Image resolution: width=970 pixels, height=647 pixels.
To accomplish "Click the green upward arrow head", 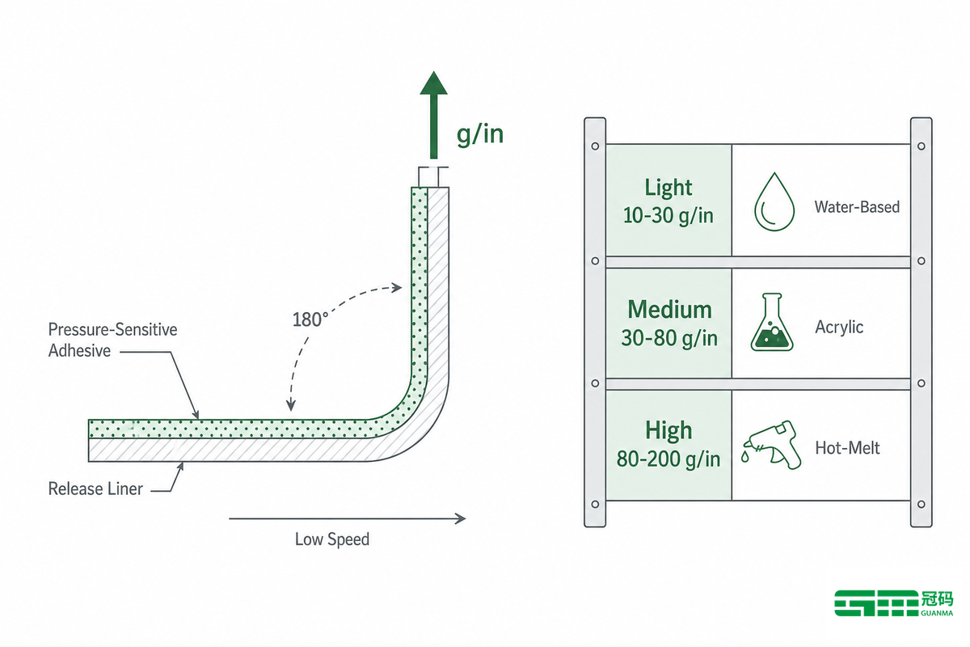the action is click(x=433, y=83).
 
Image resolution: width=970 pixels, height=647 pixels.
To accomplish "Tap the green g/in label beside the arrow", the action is click(x=480, y=134).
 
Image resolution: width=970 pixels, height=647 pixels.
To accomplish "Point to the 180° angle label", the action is click(x=310, y=319).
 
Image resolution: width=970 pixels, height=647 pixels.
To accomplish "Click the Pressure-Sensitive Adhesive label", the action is click(x=112, y=340).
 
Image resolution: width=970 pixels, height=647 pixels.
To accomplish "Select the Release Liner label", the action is click(x=95, y=488).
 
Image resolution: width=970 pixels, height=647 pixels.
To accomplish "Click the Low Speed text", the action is click(x=332, y=539).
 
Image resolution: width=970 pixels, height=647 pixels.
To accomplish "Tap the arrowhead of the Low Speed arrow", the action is click(x=460, y=518).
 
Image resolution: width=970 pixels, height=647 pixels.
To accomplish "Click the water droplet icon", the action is click(x=774, y=202).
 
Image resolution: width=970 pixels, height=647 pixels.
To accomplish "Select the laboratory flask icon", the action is click(x=772, y=322).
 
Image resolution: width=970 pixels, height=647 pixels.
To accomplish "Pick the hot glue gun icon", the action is click(x=772, y=445).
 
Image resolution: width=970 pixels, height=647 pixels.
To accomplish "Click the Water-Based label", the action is click(x=857, y=207).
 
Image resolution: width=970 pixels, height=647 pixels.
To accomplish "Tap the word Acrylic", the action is click(x=839, y=328).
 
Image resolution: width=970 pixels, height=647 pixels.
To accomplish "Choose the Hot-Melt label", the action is click(x=847, y=448).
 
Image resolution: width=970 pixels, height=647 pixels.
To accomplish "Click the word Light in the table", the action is click(x=668, y=188).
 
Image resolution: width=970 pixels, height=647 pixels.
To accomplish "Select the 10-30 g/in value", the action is click(x=668, y=215).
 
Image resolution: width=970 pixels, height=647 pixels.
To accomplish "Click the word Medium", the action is click(x=669, y=310).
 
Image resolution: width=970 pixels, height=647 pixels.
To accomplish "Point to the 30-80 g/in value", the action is click(x=669, y=338).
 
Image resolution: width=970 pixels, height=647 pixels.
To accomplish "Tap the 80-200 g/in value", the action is click(x=668, y=459).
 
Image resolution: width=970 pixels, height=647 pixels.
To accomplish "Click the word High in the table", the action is click(x=668, y=431).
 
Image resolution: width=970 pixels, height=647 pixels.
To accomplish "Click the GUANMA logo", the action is click(x=894, y=603).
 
